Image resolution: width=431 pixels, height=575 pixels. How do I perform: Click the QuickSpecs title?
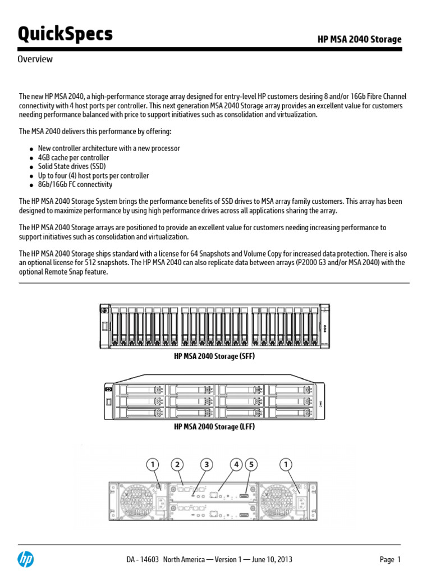[65, 35]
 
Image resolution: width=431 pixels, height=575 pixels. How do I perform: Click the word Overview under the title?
[35, 60]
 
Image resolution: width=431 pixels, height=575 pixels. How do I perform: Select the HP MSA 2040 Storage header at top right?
[359, 39]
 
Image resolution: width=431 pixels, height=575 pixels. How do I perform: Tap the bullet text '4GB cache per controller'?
[74, 158]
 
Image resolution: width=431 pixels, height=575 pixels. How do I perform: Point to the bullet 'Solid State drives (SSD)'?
[72, 167]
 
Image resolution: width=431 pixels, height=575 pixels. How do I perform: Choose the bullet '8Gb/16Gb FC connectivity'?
[75, 185]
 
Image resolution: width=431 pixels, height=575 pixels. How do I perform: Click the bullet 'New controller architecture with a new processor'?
[109, 149]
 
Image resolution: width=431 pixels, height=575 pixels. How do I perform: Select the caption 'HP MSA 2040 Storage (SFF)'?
[214, 357]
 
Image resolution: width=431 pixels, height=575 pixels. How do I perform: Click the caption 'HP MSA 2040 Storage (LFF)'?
[214, 427]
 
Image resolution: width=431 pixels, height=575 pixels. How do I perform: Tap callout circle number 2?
[178, 464]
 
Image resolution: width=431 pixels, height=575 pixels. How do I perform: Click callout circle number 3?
[207, 464]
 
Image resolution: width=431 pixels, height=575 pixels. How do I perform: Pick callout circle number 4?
[237, 464]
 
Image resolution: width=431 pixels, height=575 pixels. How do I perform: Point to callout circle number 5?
[252, 464]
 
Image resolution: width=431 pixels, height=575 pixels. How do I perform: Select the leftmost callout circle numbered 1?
[152, 464]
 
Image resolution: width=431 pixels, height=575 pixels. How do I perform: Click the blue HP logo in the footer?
[26, 559]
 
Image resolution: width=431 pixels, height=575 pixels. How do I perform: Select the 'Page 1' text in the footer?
[390, 560]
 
